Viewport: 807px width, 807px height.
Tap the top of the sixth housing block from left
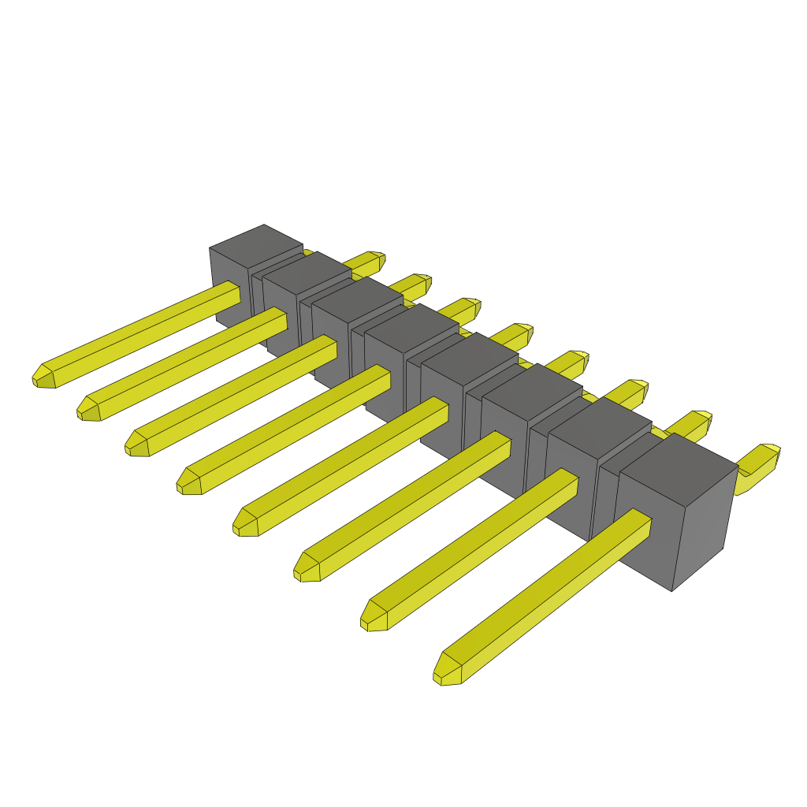(x=532, y=386)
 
